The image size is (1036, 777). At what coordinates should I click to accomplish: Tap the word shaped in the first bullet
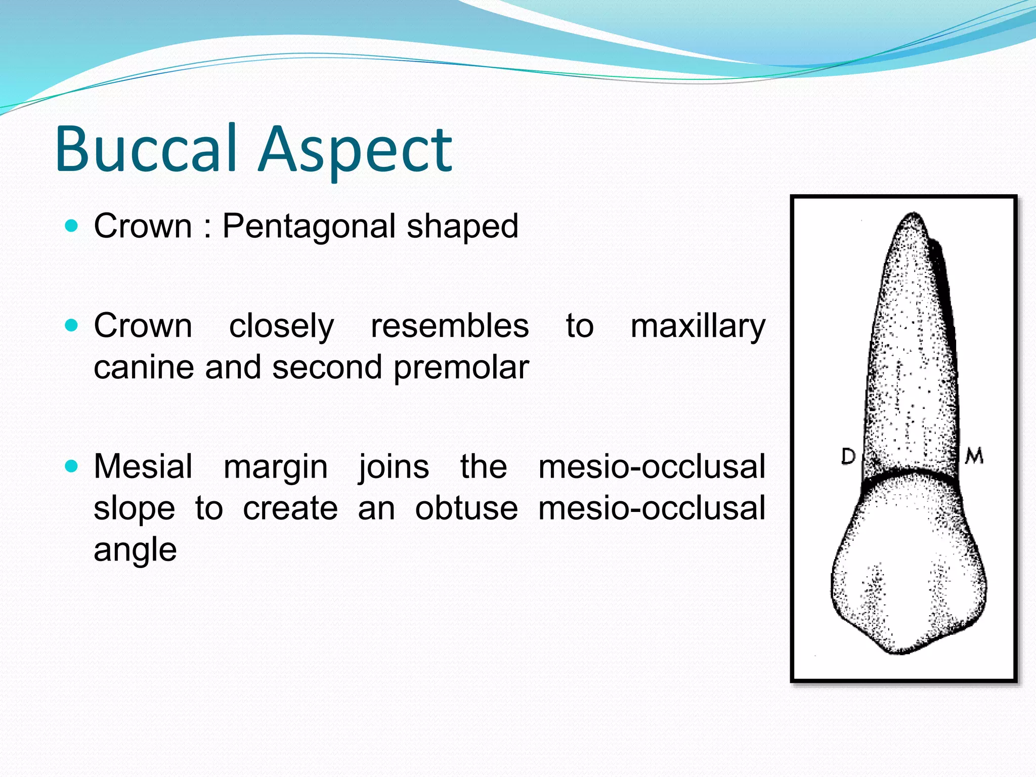coord(462,226)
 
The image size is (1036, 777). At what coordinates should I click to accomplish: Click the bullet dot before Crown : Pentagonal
coord(72,225)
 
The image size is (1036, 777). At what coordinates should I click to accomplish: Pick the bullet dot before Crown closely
coord(72,325)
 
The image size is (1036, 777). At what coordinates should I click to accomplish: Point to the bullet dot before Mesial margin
coord(72,466)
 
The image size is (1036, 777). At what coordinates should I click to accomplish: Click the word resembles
coord(450,326)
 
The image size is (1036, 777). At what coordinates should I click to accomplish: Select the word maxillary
coord(698,327)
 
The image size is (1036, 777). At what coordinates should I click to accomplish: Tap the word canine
coord(144,367)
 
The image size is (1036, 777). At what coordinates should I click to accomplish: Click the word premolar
coord(461,368)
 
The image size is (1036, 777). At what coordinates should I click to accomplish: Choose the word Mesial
coord(143,466)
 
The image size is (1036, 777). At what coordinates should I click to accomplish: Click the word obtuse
coord(466,508)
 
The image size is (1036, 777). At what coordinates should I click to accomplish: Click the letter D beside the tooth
coord(848,456)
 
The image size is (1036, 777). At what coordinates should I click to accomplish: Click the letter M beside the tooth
coord(974,456)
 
